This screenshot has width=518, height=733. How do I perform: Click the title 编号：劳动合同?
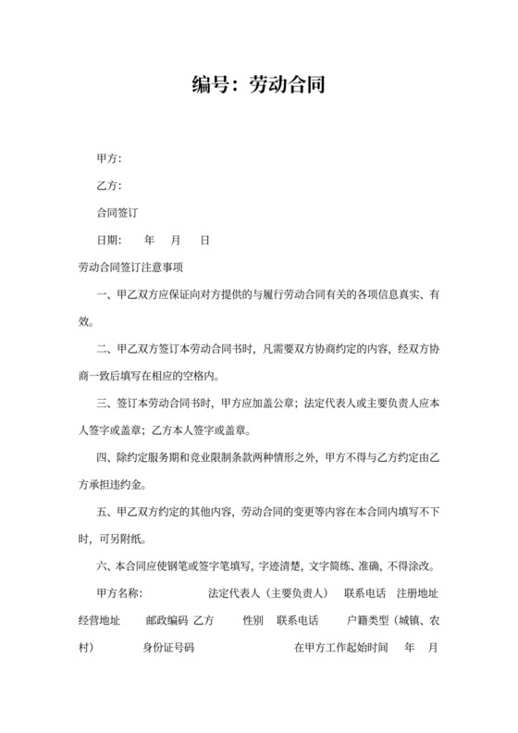click(259, 85)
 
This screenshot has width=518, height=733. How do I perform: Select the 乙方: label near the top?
click(109, 186)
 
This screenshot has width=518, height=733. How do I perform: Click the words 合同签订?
click(117, 213)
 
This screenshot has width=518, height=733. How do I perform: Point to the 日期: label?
click(109, 241)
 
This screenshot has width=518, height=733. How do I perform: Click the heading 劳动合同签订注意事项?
click(131, 267)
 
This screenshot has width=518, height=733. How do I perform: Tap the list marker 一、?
click(105, 295)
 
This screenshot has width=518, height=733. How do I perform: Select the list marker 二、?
click(105, 350)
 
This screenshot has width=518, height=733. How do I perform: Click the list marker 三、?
click(105, 404)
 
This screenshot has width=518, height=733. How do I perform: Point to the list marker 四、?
click(105, 458)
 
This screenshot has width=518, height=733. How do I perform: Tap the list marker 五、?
click(105, 512)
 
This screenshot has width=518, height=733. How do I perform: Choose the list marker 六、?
click(105, 566)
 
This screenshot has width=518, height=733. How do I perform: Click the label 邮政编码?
click(166, 620)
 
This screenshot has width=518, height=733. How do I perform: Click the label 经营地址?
click(100, 620)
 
